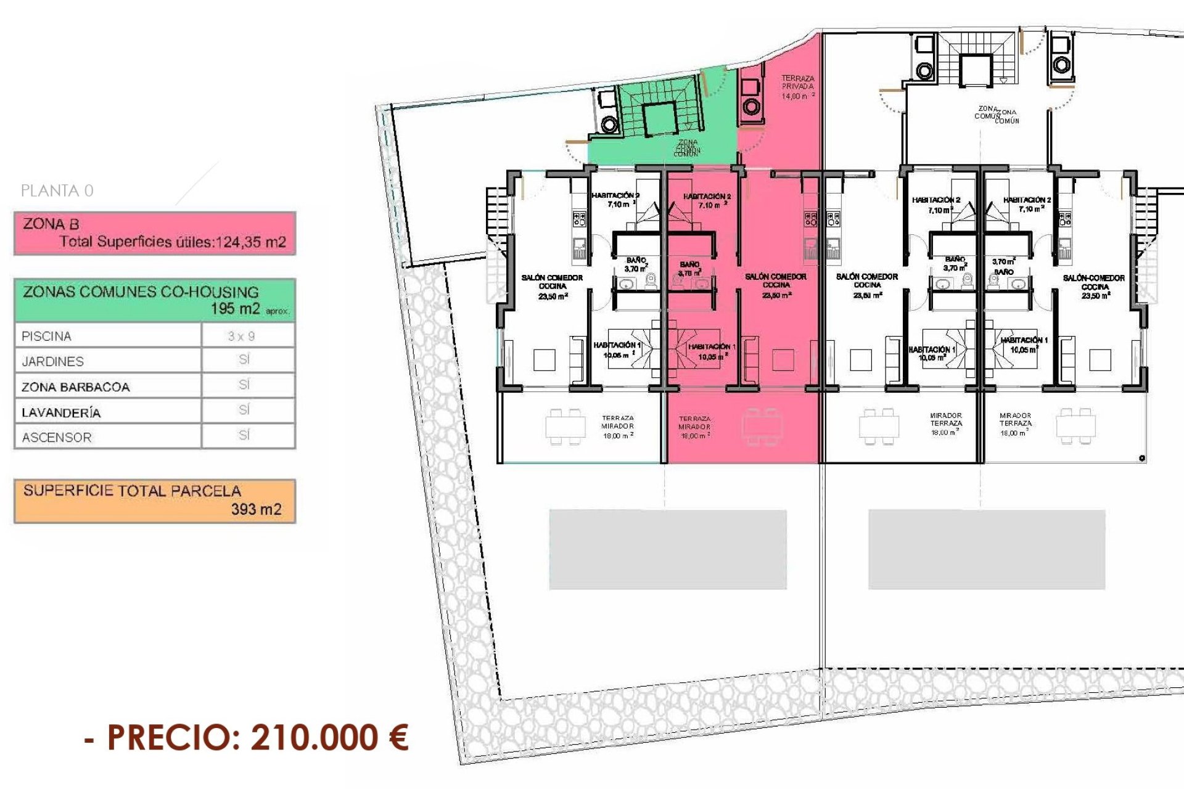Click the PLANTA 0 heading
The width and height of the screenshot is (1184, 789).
click(57, 191)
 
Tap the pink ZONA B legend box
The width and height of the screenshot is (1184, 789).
click(155, 233)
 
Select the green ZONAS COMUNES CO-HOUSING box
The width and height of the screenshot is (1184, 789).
click(155, 300)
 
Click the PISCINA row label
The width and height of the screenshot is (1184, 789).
click(46, 337)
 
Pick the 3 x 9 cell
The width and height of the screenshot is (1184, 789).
click(241, 337)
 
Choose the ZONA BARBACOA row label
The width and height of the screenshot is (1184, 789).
click(75, 387)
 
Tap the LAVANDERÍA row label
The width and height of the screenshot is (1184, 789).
click(61, 412)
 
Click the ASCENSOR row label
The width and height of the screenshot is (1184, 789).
click(57, 438)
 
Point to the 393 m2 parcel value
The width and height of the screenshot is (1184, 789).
click(256, 509)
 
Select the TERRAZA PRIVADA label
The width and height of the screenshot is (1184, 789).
click(797, 87)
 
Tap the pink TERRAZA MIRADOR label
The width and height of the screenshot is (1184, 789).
click(694, 427)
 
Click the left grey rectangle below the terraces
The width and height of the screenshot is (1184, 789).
click(668, 549)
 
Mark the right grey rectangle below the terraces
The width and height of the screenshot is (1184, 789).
click(987, 549)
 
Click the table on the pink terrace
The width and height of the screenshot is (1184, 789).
click(762, 426)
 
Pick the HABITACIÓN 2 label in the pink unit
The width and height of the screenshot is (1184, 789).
click(707, 200)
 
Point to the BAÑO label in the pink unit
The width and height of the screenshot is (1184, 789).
click(689, 268)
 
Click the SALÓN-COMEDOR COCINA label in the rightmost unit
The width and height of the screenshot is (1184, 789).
click(1095, 287)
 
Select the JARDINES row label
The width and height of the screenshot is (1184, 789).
click(52, 362)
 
